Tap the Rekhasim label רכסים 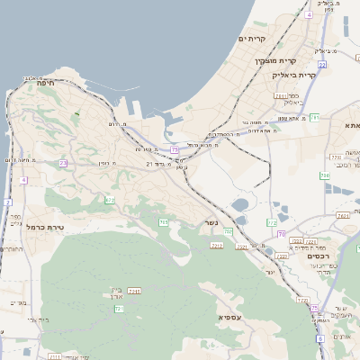(x=320, y=256)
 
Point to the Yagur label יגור (x=270, y=271)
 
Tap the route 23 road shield (x=63, y=163)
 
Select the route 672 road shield (x=110, y=200)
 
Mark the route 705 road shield (x=163, y=222)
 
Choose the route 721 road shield (x=120, y=309)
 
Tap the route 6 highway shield (x=319, y=338)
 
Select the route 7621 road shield (x=342, y=216)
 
